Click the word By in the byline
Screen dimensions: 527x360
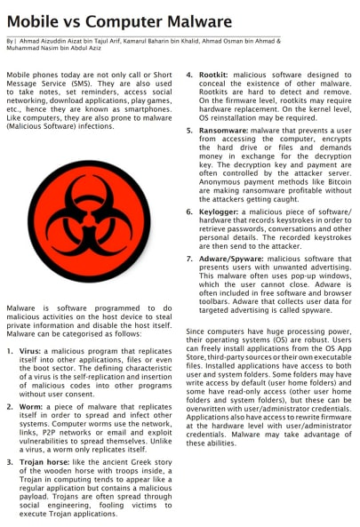pyautogui.click(x=9, y=41)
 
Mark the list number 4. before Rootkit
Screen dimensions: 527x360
pyautogui.click(x=189, y=76)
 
